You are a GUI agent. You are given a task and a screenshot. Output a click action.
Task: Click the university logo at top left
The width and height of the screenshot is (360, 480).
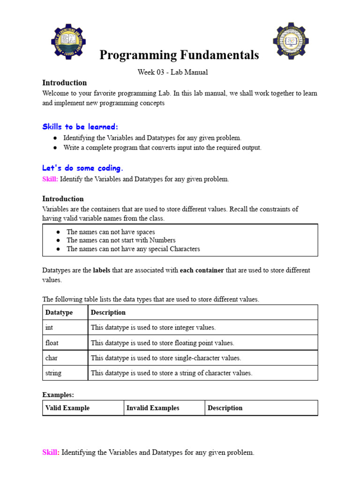(x=68, y=41)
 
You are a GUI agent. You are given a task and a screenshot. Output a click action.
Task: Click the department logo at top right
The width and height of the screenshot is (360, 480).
(x=291, y=41)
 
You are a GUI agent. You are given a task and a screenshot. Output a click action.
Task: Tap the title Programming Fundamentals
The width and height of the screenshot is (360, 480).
(x=179, y=55)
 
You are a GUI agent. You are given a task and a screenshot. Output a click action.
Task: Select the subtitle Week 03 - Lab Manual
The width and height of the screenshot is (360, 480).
(x=172, y=72)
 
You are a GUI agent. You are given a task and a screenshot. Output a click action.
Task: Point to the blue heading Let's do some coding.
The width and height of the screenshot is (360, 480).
(x=83, y=168)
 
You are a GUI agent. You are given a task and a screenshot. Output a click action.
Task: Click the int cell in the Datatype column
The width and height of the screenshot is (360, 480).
(x=49, y=328)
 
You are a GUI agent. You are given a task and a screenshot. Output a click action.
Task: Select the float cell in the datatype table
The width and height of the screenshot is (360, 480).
(x=52, y=343)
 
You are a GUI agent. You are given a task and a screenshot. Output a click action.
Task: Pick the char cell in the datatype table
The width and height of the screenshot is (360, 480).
(x=51, y=358)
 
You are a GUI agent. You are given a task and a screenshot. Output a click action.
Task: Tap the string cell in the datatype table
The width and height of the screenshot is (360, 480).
(x=53, y=373)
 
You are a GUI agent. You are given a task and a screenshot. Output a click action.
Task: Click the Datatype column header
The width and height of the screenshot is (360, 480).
(x=59, y=312)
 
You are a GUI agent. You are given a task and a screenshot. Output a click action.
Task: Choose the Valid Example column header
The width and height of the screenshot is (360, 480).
(x=67, y=408)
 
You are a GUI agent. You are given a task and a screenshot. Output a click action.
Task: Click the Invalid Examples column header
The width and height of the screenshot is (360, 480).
(x=153, y=408)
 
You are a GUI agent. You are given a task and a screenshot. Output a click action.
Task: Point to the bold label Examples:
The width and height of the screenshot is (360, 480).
(x=58, y=395)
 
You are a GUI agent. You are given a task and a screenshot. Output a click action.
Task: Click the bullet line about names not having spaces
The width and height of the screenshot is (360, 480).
(x=111, y=232)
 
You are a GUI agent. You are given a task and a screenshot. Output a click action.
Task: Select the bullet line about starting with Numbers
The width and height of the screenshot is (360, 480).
(x=121, y=240)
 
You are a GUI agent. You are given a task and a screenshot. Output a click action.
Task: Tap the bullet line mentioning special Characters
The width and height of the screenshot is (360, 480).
(x=133, y=249)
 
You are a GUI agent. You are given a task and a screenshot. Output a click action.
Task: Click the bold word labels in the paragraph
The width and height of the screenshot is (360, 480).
(x=103, y=270)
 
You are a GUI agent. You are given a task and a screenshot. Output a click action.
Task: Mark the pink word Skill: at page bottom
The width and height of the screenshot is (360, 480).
(x=51, y=452)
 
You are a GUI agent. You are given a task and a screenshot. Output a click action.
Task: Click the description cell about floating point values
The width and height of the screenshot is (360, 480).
(x=162, y=343)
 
